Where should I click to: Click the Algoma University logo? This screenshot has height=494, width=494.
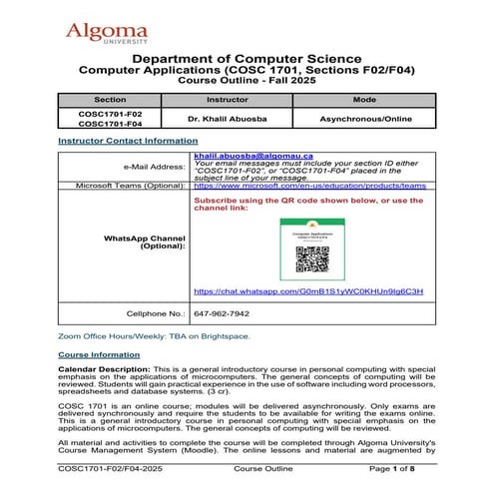(x=107, y=35)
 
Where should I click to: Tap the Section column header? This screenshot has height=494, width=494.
(x=110, y=101)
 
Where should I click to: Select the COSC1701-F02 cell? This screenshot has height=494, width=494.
(x=110, y=114)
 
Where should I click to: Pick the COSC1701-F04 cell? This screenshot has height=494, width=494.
(x=110, y=126)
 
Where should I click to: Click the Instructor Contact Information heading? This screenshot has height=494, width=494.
(x=127, y=142)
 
